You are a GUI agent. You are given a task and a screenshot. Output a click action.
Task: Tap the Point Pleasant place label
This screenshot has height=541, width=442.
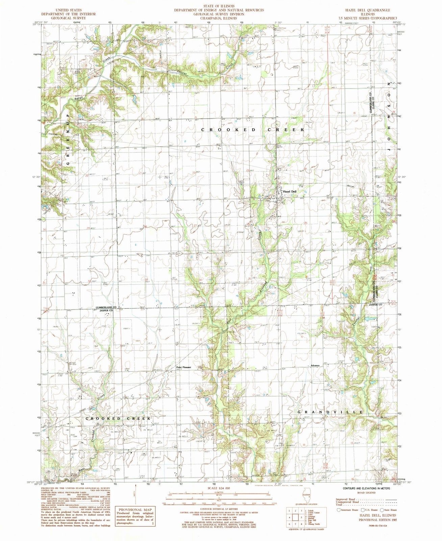[x=183, y=367]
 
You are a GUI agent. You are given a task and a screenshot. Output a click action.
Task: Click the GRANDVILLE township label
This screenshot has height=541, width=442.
[x=330, y=412]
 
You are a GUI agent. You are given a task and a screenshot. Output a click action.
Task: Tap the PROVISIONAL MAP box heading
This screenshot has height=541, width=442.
[x=134, y=509]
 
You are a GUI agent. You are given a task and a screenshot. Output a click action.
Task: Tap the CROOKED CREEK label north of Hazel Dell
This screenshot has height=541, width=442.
[x=253, y=130]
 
